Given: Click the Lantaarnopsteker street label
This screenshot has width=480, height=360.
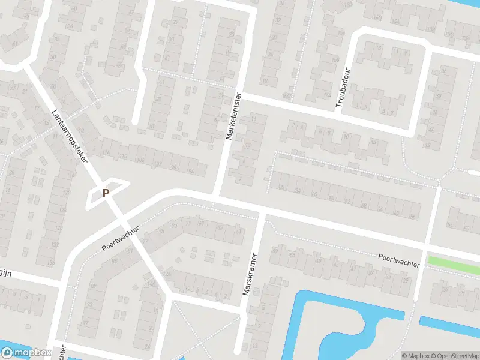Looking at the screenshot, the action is point(70,137).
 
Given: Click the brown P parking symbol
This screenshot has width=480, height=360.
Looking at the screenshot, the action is point(106,193).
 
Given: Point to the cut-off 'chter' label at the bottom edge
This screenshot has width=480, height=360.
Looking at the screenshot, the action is point(61,353).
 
